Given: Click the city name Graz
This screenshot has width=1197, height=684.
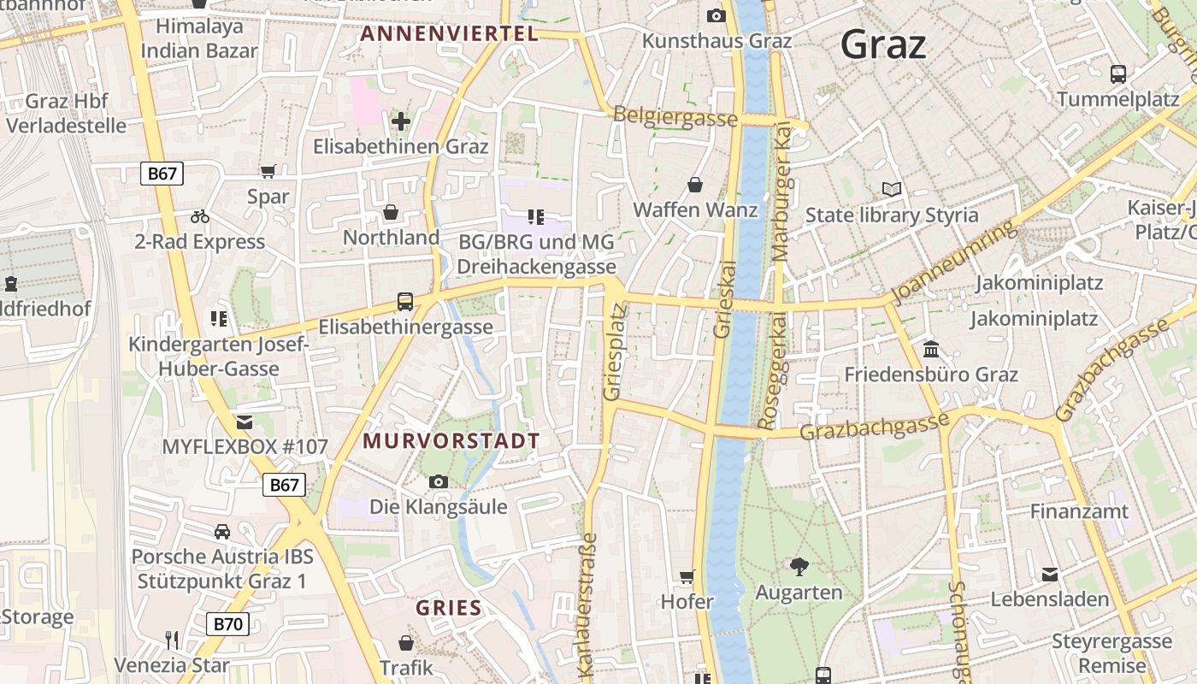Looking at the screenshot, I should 883,44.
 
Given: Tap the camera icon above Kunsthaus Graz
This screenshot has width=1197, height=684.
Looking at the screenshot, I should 716,15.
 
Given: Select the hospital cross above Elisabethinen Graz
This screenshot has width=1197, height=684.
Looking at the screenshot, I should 400,121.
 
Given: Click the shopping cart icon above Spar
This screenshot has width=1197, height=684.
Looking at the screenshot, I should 268,172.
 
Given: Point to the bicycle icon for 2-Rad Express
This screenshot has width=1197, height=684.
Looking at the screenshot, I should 200,216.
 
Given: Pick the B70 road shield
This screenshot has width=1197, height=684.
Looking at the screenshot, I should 227,624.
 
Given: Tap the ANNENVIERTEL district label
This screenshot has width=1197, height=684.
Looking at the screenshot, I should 449,34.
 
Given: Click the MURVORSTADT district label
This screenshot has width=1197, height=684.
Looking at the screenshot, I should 451,441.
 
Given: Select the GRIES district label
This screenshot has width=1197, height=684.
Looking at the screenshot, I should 449,609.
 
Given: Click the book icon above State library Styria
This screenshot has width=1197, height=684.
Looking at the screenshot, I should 891,190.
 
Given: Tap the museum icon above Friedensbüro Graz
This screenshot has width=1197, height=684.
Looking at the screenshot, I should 931,350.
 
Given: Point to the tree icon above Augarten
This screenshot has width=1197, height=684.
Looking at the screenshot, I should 799,566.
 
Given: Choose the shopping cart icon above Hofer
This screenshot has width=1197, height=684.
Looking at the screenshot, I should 687,577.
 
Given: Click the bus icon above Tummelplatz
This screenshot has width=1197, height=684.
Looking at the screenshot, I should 1117,74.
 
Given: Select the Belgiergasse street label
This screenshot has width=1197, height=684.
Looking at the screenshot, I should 675,117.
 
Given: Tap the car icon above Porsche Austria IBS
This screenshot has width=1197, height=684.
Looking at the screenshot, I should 222,532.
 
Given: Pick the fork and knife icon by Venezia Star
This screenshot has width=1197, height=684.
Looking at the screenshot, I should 172,640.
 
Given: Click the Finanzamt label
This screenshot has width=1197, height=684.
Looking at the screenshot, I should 1079,511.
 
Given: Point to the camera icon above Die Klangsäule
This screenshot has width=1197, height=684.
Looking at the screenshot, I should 438,482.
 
